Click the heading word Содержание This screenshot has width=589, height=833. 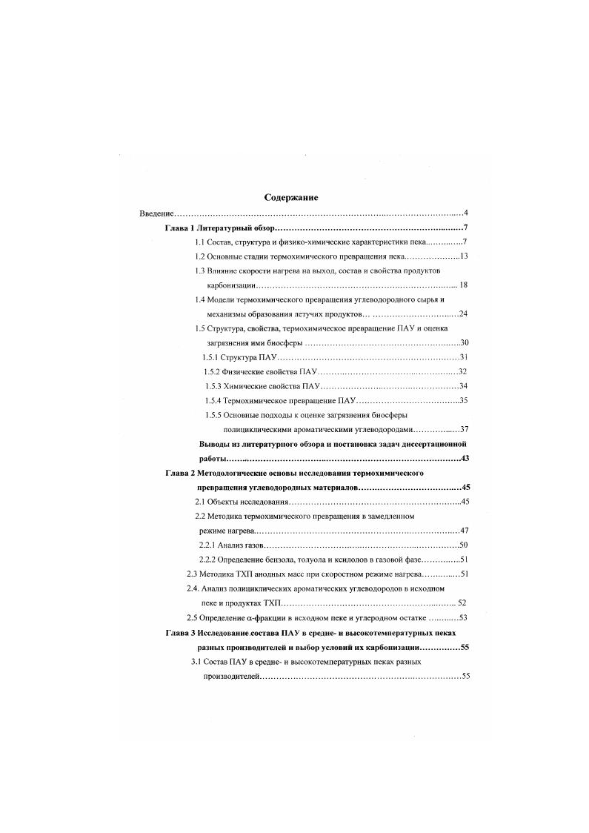291,198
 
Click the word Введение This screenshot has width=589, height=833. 155,214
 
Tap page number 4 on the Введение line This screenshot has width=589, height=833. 465,214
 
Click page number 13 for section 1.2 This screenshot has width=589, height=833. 465,256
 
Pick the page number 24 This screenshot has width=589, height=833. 464,313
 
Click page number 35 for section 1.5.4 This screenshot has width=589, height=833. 464,400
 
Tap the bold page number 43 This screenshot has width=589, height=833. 465,459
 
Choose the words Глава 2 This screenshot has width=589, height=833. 181,473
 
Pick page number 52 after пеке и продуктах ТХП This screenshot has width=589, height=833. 462,603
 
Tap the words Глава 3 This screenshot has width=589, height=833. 181,632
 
